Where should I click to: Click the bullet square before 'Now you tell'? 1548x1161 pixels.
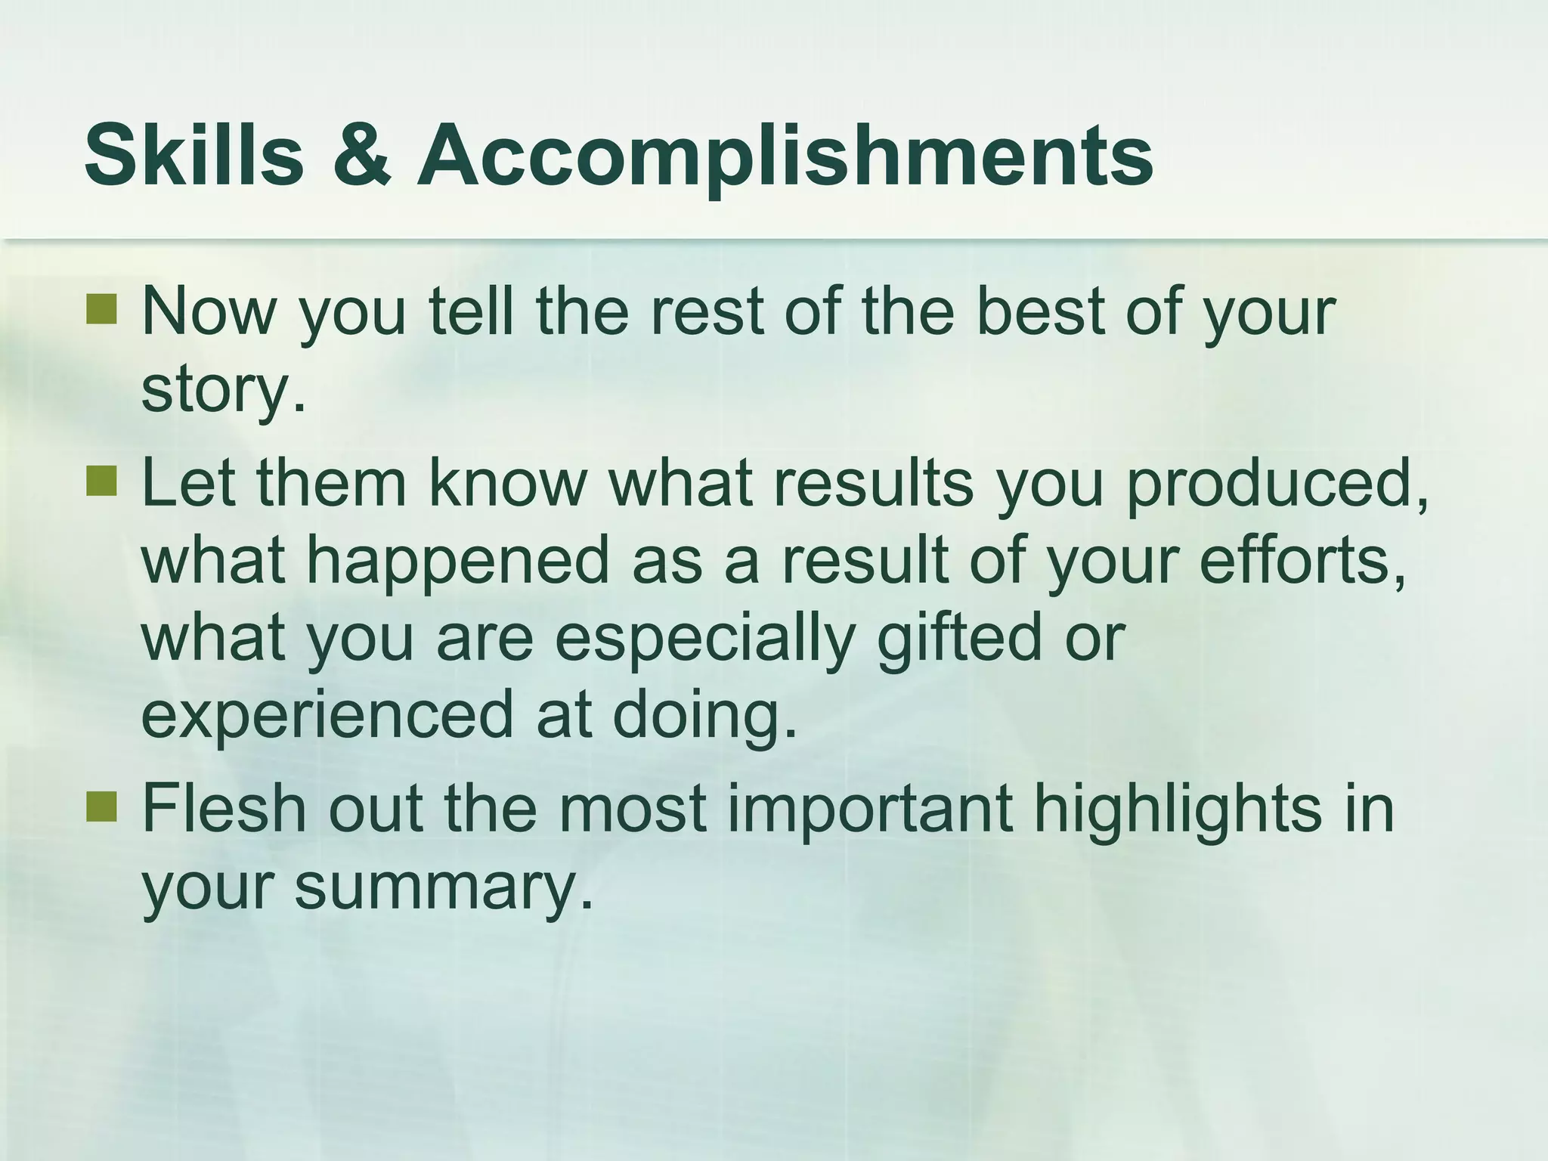point(101,308)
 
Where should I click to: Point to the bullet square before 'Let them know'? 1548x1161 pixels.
point(101,481)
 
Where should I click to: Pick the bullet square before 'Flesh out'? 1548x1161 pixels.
point(101,806)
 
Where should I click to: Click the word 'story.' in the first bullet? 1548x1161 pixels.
point(224,392)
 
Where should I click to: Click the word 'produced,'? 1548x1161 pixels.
point(1277,485)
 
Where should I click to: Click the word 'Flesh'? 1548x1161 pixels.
point(224,809)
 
